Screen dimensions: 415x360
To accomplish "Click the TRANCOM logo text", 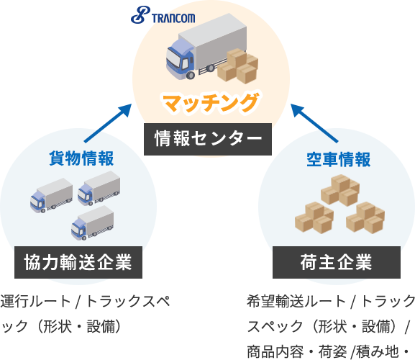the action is click(173, 18).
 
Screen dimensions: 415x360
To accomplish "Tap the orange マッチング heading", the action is click(211, 103).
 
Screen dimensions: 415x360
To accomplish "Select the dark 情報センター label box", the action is click(208, 139).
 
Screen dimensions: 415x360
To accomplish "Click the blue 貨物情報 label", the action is click(81, 158).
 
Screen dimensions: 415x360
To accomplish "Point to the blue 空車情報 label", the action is click(338, 159).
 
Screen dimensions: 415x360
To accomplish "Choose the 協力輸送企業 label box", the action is click(78, 262).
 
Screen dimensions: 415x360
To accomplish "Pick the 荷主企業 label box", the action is click(337, 262).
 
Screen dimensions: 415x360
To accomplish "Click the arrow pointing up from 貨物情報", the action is click(108, 123).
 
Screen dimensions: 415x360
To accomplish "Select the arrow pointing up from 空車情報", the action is click(314, 123).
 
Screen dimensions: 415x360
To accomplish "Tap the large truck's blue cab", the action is click(180, 60).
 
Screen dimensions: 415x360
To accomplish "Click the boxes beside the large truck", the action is click(237, 66).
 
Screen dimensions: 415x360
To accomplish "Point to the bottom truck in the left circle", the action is click(92, 223).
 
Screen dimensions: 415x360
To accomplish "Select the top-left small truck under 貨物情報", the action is click(51, 196).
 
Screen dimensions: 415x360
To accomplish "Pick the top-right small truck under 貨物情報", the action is click(99, 189).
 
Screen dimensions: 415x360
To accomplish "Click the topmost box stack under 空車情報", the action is click(340, 190).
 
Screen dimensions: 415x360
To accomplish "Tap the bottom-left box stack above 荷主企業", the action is click(314, 217).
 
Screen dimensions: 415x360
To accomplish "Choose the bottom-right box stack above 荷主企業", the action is click(365, 217).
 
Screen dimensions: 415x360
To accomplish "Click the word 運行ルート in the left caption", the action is click(36, 302).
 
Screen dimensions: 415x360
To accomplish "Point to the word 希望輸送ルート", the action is click(297, 302).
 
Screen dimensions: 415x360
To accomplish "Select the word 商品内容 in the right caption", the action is click(275, 351).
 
